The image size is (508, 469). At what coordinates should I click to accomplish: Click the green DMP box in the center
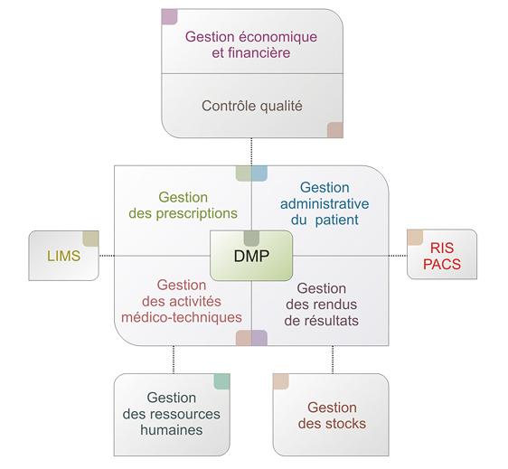(x=251, y=256)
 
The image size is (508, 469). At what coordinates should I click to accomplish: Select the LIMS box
(x=63, y=256)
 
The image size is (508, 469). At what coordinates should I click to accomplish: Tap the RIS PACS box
(x=442, y=254)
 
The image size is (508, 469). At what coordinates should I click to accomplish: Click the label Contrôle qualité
(x=252, y=107)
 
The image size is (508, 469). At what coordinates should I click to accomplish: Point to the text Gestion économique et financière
(x=251, y=44)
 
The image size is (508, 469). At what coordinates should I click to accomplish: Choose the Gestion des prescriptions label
(x=183, y=205)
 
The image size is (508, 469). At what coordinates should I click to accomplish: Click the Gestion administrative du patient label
(x=325, y=203)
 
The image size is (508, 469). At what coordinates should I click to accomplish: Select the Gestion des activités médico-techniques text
(x=182, y=301)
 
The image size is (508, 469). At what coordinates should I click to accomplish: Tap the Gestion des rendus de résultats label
(x=322, y=305)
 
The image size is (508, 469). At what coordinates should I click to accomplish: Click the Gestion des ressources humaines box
(x=172, y=415)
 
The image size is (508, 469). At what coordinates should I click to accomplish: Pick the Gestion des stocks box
(x=331, y=415)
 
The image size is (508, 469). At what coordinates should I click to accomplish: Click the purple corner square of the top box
(x=169, y=17)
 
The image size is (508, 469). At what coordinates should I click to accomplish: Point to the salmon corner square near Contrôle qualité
(x=335, y=130)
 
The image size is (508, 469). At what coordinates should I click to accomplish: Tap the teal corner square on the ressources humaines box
(x=222, y=381)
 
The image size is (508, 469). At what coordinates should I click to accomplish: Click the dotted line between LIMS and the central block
(x=107, y=256)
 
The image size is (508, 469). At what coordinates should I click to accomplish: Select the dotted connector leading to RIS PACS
(x=398, y=256)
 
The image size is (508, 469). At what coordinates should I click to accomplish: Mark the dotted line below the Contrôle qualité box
(x=251, y=152)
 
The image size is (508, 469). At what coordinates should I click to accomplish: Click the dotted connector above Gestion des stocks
(x=333, y=360)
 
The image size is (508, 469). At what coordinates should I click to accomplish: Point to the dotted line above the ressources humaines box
(x=174, y=360)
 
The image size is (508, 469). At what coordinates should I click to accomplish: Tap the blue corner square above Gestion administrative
(x=259, y=174)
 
